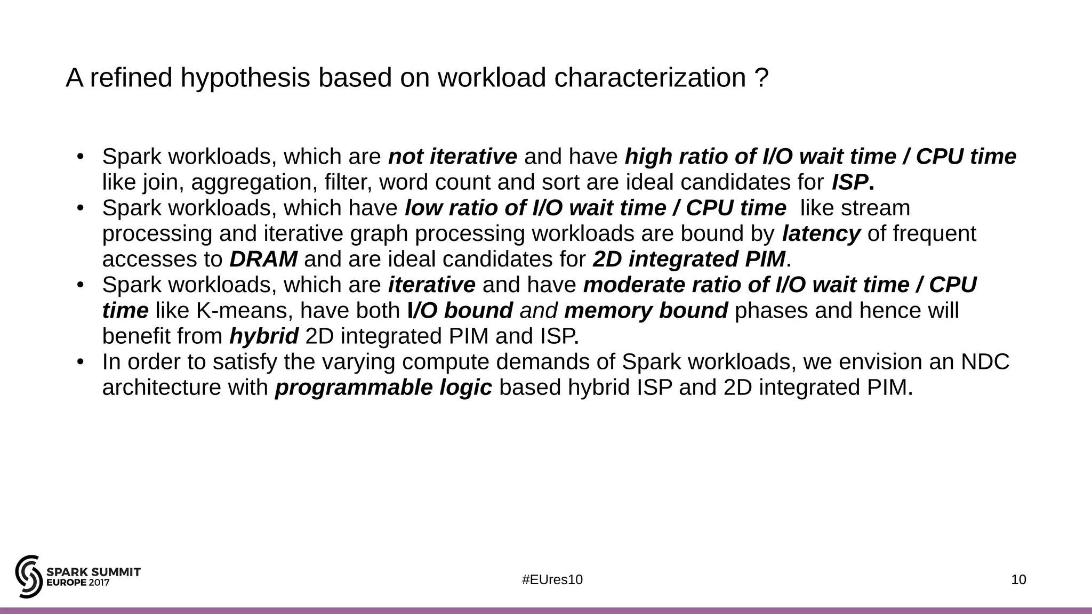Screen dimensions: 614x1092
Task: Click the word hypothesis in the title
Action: point(245,78)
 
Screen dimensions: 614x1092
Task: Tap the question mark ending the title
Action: point(762,78)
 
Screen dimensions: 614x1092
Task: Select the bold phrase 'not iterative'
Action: point(452,157)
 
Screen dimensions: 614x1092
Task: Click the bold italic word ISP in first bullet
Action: point(849,182)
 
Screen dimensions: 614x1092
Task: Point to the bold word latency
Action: point(821,233)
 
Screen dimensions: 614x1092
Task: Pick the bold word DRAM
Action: point(263,259)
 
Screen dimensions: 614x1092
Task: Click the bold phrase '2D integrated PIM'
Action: point(689,259)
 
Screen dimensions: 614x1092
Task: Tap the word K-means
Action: point(227,311)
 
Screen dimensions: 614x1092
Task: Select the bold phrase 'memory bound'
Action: point(646,311)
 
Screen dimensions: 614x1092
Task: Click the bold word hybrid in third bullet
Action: point(263,336)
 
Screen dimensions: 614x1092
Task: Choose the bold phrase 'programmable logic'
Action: point(383,387)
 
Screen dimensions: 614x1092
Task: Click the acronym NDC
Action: point(985,362)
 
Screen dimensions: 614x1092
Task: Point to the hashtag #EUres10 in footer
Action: point(552,580)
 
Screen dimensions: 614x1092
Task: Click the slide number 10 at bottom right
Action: point(1018,580)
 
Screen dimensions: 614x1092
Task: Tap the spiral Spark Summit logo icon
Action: point(29,576)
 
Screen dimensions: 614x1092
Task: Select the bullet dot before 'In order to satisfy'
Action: point(81,362)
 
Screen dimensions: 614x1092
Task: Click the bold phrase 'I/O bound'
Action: point(460,311)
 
